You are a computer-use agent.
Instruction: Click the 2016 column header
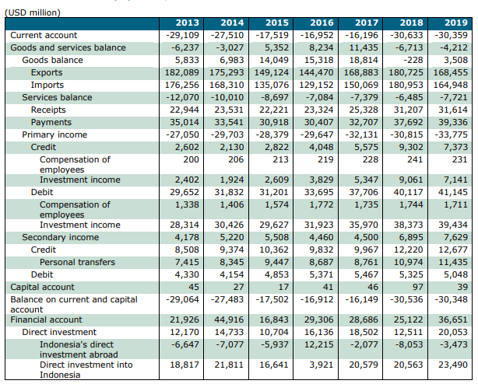(x=322, y=23)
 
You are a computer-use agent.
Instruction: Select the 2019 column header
(x=456, y=23)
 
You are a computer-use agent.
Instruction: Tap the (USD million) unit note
(x=33, y=12)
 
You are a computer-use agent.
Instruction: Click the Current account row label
(x=44, y=35)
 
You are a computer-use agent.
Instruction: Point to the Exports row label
(x=47, y=73)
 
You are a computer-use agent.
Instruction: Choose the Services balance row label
(x=57, y=97)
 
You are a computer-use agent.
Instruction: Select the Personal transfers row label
(x=77, y=262)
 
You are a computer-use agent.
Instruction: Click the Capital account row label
(x=42, y=288)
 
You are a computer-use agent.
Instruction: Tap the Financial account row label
(x=47, y=319)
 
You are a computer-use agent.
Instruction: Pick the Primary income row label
(x=54, y=134)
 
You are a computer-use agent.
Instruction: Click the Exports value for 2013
(x=182, y=73)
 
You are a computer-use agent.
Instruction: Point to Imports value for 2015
(x=272, y=86)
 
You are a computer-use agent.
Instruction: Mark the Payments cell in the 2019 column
(x=453, y=122)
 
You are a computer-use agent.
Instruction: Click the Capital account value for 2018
(x=417, y=288)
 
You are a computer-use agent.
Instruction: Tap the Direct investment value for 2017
(x=364, y=332)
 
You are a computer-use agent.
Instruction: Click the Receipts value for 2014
(x=229, y=110)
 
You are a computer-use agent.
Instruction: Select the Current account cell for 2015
(x=272, y=35)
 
